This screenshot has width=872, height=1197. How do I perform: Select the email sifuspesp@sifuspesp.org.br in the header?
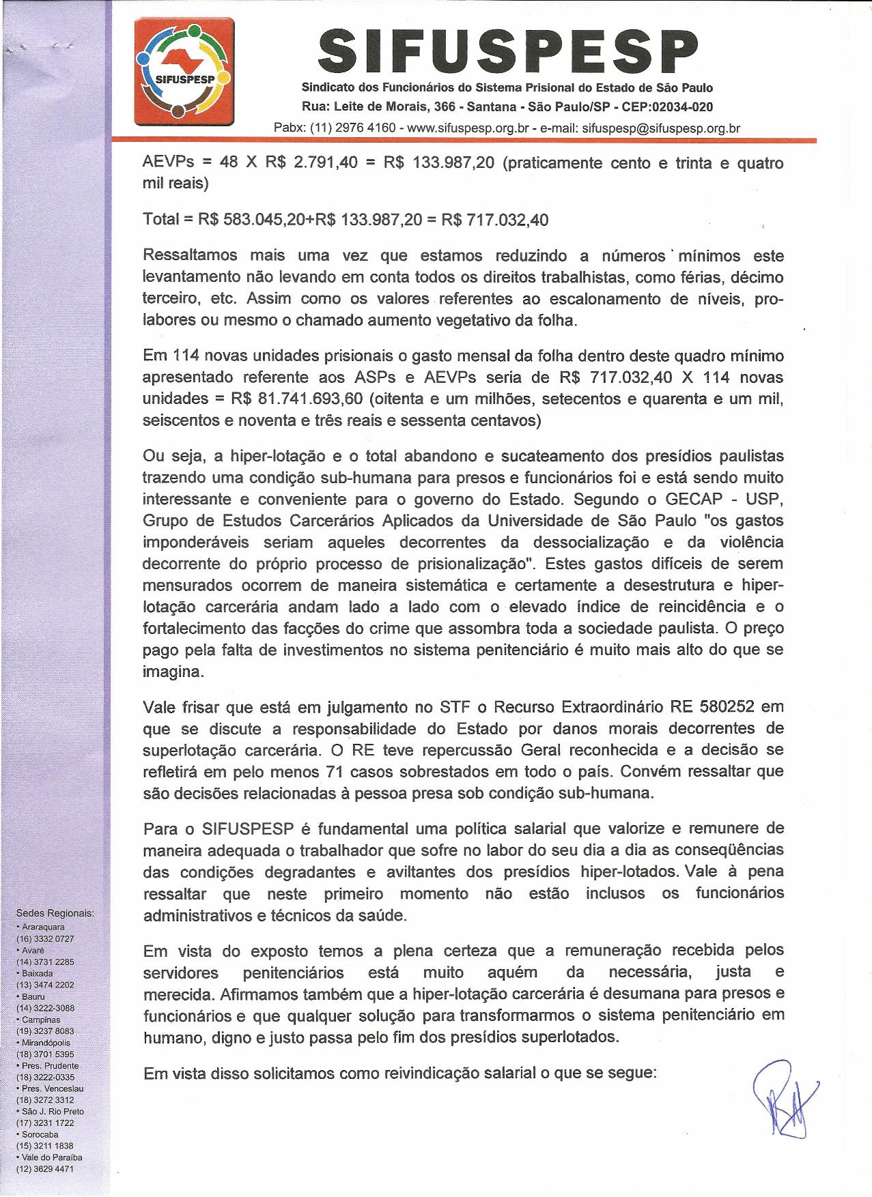[662, 128]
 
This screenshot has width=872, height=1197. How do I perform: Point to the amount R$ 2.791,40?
[311, 163]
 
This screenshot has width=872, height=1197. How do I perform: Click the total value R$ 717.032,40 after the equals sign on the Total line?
[495, 220]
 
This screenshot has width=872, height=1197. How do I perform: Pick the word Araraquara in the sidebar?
[43, 927]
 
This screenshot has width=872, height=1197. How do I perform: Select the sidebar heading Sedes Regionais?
[55, 913]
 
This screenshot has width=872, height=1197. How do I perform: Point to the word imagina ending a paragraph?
[172, 672]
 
